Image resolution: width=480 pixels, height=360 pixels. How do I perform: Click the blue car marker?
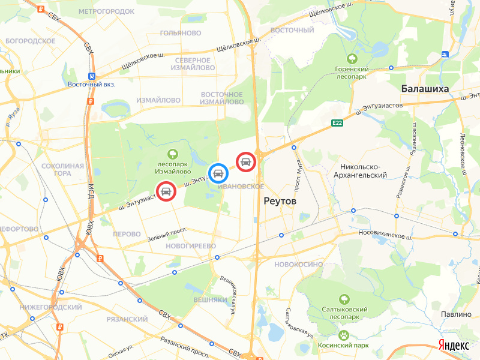(218, 173)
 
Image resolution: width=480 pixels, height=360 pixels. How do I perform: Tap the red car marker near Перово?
(166, 191)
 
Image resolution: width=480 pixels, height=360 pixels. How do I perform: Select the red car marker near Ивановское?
(246, 161)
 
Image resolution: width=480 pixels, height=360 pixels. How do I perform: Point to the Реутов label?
(280, 201)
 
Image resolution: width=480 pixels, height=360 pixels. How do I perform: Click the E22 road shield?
(338, 123)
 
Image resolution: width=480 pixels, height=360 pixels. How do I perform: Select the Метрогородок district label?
(106, 11)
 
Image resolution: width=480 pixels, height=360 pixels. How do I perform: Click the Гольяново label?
(180, 32)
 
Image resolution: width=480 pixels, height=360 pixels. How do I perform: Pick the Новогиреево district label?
(191, 246)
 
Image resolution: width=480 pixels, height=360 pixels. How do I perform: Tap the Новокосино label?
(298, 264)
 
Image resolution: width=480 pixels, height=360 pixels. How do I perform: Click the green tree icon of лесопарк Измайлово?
(173, 154)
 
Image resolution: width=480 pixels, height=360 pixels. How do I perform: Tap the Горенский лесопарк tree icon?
(352, 59)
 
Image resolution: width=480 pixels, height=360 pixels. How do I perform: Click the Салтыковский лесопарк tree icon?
(344, 298)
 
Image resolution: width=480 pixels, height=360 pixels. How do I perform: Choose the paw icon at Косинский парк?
(344, 335)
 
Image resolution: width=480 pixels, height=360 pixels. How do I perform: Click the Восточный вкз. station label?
(91, 84)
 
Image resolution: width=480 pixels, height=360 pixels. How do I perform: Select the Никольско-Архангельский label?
(363, 170)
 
